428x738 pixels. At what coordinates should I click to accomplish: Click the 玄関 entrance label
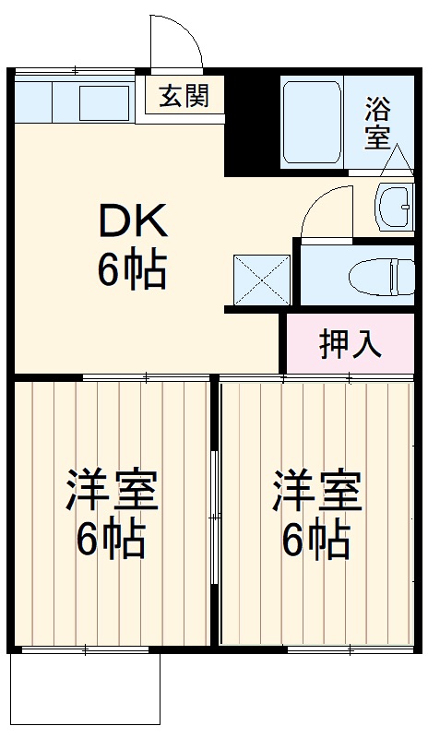(x=183, y=95)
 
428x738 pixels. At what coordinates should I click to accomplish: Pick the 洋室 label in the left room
(x=111, y=491)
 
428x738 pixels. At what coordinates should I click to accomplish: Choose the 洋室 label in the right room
(x=316, y=491)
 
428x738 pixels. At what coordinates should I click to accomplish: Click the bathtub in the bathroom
(x=311, y=123)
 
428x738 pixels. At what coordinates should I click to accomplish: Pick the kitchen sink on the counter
(x=103, y=101)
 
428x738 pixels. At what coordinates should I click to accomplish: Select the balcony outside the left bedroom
(x=84, y=690)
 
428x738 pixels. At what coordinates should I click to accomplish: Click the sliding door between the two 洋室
(x=214, y=517)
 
